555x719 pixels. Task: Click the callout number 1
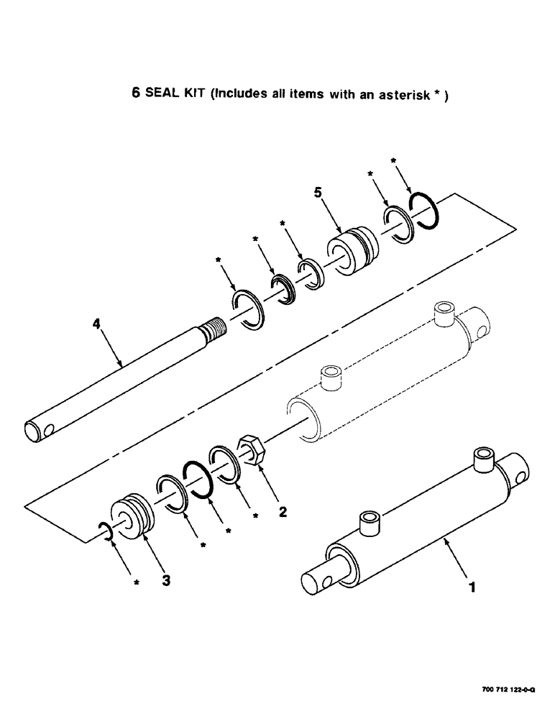tap(472, 587)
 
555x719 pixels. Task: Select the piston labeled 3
tap(134, 515)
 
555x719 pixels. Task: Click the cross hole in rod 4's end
tap(48, 431)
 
